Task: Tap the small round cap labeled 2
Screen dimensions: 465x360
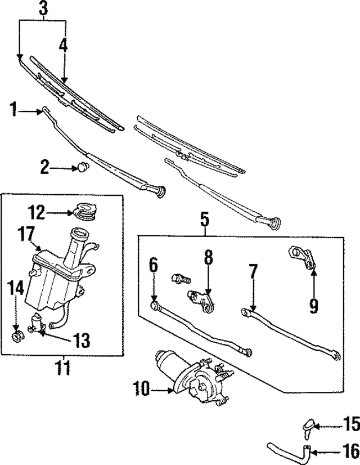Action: pyautogui.click(x=83, y=166)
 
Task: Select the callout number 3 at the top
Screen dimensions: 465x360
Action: pyautogui.click(x=43, y=8)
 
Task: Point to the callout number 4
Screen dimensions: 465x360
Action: pyautogui.click(x=64, y=45)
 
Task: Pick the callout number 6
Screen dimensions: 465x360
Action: pyautogui.click(x=153, y=265)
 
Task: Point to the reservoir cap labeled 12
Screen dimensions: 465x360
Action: pyautogui.click(x=85, y=212)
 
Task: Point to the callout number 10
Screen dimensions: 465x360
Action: pyautogui.click(x=141, y=388)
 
